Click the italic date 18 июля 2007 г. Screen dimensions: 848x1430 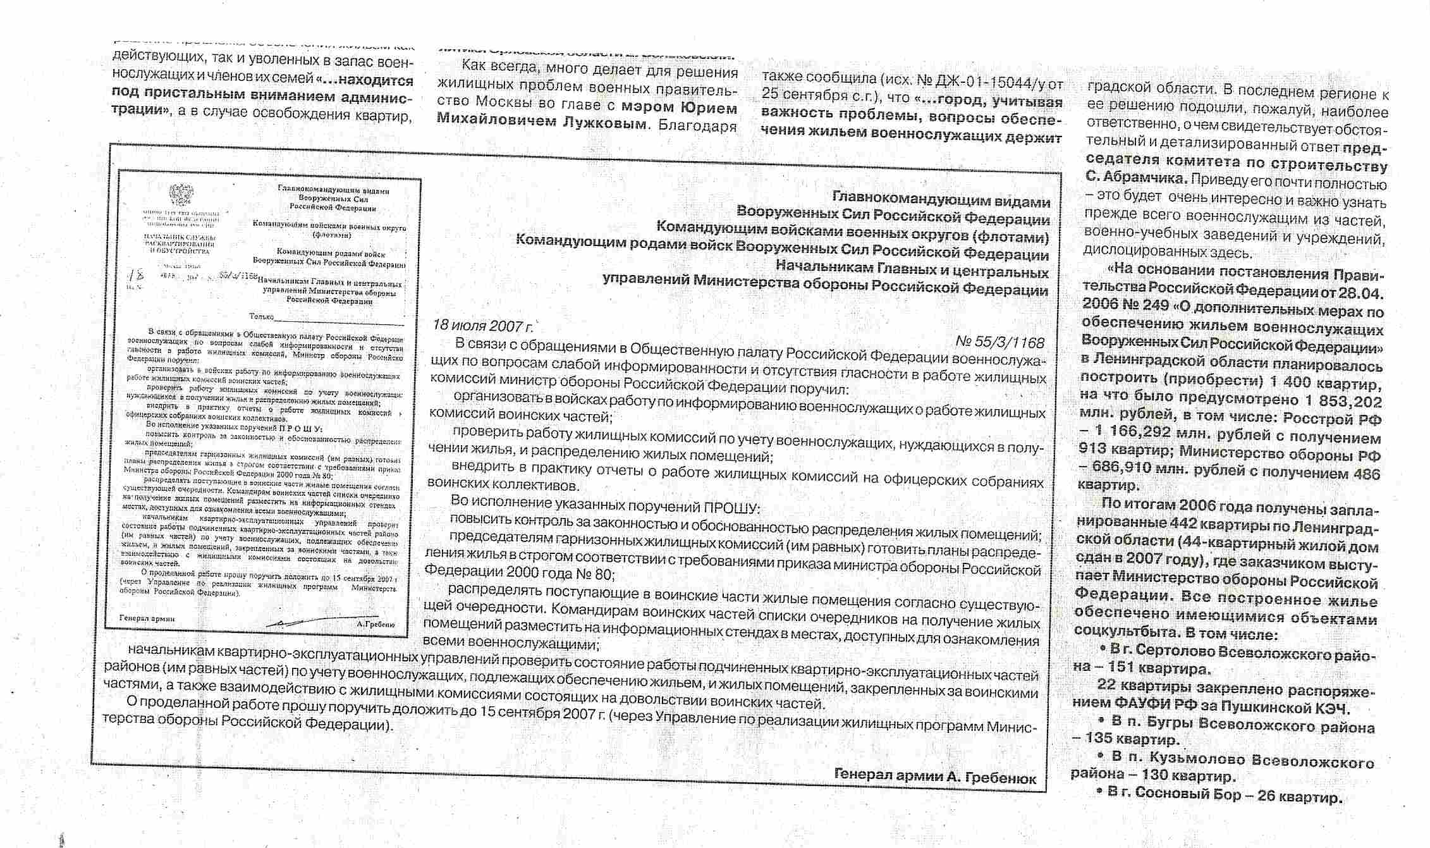coord(483,326)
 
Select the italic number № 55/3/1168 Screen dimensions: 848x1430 coord(999,342)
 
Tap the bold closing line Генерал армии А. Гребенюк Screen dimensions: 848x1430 coord(935,776)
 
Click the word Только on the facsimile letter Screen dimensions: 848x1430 coord(261,316)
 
